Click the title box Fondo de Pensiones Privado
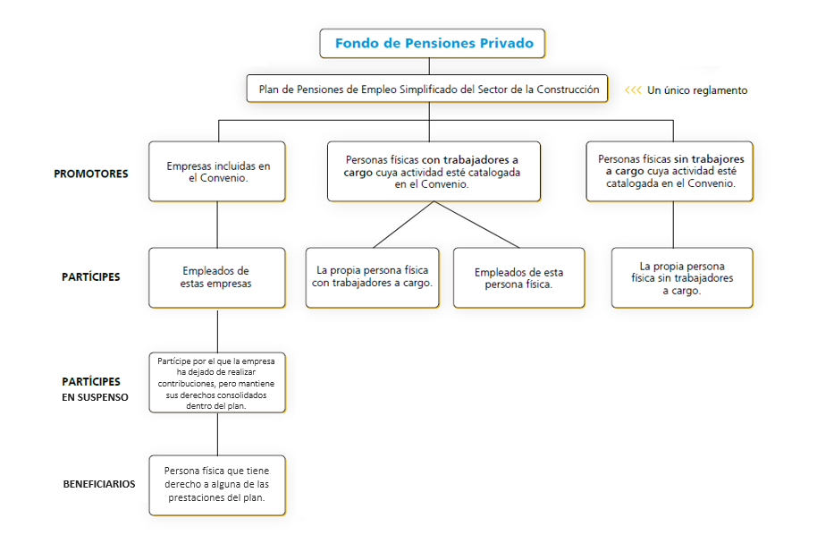pyautogui.click(x=432, y=43)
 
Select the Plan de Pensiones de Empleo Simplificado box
pyautogui.click(x=427, y=89)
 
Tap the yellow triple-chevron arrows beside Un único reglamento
pyautogui.click(x=633, y=90)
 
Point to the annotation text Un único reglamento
pyautogui.click(x=697, y=90)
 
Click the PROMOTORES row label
pyautogui.click(x=90, y=174)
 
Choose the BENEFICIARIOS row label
pyautogui.click(x=99, y=484)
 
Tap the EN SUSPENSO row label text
pyautogui.click(x=95, y=397)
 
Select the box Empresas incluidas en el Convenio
pyautogui.click(x=217, y=172)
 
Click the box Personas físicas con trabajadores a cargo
pyautogui.click(x=434, y=172)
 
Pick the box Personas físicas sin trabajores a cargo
pyautogui.click(x=670, y=172)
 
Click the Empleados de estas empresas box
pyautogui.click(x=217, y=278)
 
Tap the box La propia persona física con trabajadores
pyautogui.click(x=373, y=278)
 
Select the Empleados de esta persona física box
pyautogui.click(x=519, y=278)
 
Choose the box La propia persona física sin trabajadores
pyautogui.click(x=682, y=278)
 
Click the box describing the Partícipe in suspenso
pyautogui.click(x=217, y=383)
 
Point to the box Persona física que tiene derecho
pyautogui.click(x=217, y=486)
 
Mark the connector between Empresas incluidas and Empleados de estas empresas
pyautogui.click(x=217, y=225)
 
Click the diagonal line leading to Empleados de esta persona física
pyautogui.click(x=476, y=225)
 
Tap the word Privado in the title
pyautogui.click(x=507, y=43)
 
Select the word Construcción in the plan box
pyautogui.click(x=568, y=89)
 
